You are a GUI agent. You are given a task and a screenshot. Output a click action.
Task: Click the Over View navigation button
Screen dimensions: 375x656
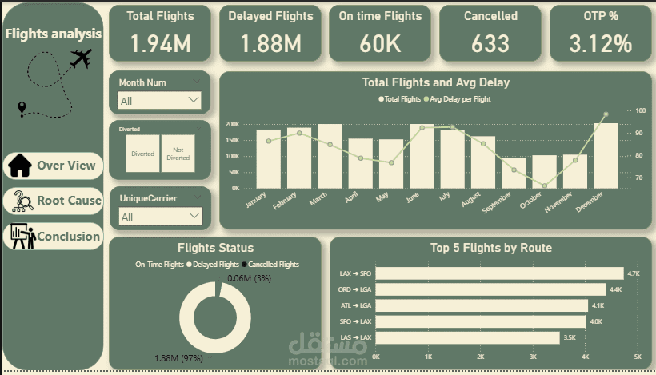click(x=54, y=166)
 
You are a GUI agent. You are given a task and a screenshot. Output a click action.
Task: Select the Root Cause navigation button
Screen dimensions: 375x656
click(x=54, y=201)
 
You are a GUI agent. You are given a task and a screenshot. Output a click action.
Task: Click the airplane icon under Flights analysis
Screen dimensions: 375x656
click(x=81, y=58)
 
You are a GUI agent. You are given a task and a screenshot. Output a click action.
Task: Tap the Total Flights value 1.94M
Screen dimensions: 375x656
click(x=160, y=43)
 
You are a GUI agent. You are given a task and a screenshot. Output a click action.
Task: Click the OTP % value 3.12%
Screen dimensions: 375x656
click(x=601, y=43)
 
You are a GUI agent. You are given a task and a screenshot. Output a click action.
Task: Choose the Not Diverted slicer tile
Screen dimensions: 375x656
click(x=178, y=153)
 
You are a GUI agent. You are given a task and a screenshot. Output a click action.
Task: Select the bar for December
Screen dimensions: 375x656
click(x=605, y=156)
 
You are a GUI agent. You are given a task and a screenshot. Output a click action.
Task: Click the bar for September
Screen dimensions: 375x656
click(x=514, y=173)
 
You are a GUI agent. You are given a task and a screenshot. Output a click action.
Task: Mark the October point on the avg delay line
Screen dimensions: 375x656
click(x=545, y=186)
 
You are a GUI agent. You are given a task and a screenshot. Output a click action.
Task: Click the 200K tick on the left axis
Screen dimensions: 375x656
click(x=233, y=125)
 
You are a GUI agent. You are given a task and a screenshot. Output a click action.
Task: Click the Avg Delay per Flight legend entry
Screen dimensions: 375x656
click(x=460, y=99)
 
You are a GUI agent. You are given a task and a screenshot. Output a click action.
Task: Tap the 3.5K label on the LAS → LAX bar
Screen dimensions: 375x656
click(x=570, y=337)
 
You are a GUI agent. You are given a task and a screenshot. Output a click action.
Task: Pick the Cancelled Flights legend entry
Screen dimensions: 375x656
click(x=271, y=264)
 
